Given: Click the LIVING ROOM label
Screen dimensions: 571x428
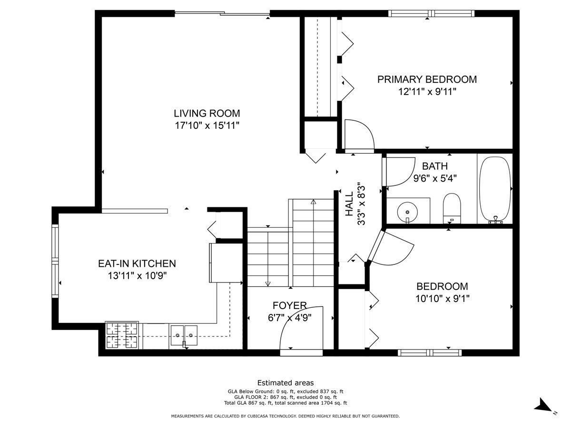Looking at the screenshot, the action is pyautogui.click(x=207, y=113).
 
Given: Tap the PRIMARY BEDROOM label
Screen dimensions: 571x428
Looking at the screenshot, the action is pyautogui.click(x=427, y=79).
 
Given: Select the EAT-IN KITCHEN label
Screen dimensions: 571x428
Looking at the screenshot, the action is pyautogui.click(x=137, y=263).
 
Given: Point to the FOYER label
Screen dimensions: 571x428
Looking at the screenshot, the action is pyautogui.click(x=289, y=305).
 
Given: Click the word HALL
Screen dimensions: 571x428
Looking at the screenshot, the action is pyautogui.click(x=349, y=204).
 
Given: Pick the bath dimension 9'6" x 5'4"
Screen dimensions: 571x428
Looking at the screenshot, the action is pyautogui.click(x=435, y=178).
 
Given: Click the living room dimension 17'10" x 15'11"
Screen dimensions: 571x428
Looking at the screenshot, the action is pyautogui.click(x=207, y=126).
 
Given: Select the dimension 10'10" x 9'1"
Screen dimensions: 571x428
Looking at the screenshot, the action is pyautogui.click(x=442, y=299).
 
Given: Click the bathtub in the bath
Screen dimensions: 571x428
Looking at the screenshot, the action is pyautogui.click(x=494, y=190).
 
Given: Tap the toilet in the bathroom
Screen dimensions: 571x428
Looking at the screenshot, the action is pyautogui.click(x=452, y=208).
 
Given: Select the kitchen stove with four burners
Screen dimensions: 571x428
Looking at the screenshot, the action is pyautogui.click(x=122, y=335).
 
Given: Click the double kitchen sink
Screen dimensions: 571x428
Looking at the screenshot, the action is pyautogui.click(x=184, y=335).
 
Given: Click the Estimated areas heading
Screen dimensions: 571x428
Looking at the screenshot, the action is pyautogui.click(x=285, y=382).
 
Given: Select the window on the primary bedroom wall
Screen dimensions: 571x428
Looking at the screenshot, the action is pyautogui.click(x=431, y=13).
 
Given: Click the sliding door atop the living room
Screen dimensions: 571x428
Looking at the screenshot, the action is pyautogui.click(x=222, y=13).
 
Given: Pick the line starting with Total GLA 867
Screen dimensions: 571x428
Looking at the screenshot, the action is pyautogui.click(x=285, y=403).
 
